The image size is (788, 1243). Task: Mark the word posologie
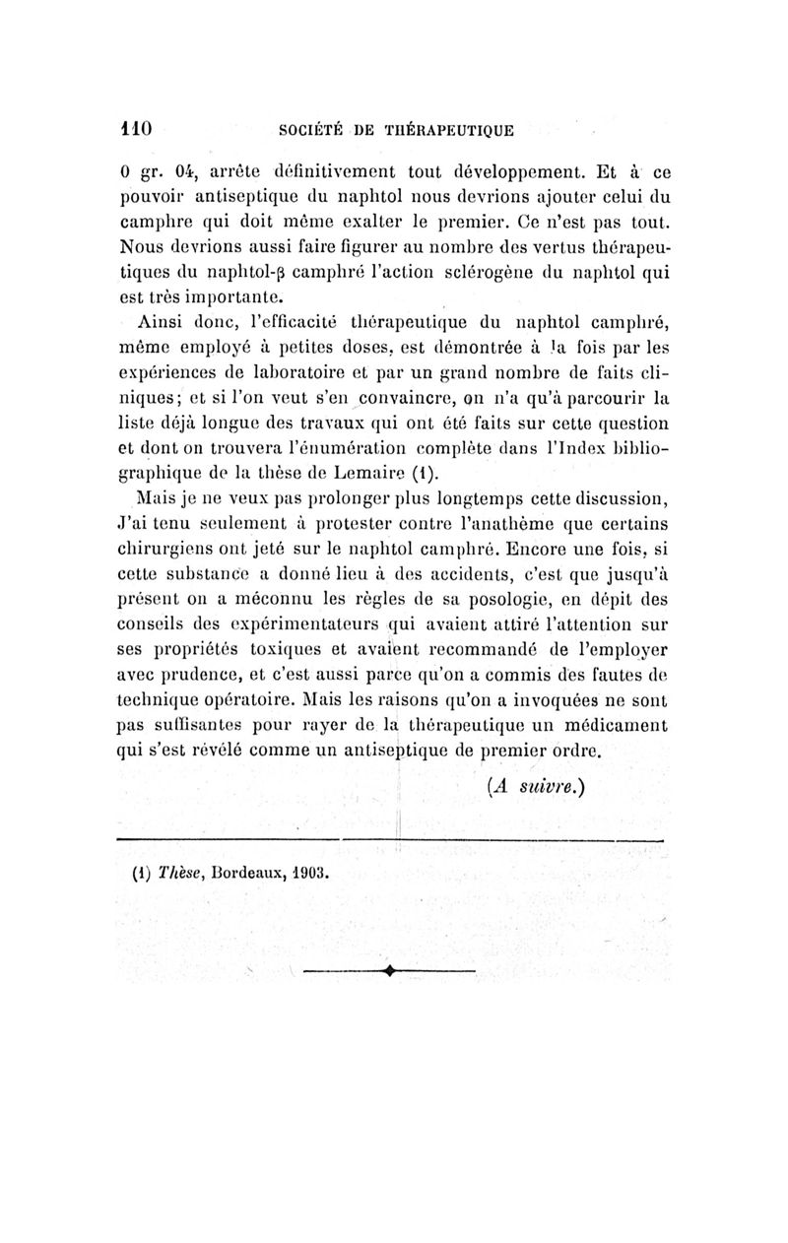[497, 602]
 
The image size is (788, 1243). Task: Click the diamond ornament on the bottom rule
[391, 971]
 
